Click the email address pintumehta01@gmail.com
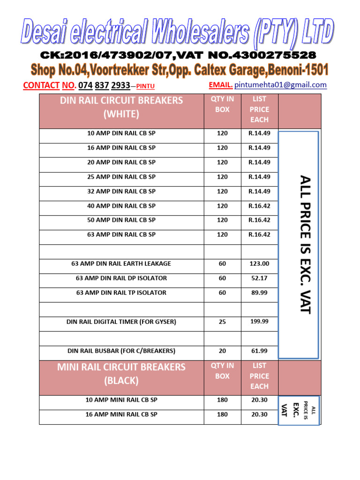[x=280, y=85]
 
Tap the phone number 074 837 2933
[x=104, y=85]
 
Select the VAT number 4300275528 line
[x=178, y=56]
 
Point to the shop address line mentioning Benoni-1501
[x=180, y=70]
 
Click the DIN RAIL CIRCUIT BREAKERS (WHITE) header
[x=121, y=107]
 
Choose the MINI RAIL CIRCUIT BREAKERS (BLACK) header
[x=121, y=374]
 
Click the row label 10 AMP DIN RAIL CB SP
[x=121, y=133]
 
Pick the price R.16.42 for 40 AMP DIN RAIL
[x=259, y=206]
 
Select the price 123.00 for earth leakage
[x=259, y=264]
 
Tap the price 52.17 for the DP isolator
[x=259, y=278]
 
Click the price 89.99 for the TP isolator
[x=259, y=293]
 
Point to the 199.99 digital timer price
[x=259, y=322]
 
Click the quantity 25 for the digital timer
[x=222, y=322]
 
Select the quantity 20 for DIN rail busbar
[x=222, y=351]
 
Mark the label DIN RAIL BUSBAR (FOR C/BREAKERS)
[x=121, y=351]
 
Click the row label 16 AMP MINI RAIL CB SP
[x=121, y=414]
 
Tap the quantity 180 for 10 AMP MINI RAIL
[x=222, y=400]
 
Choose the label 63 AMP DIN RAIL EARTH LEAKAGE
[x=121, y=264]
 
